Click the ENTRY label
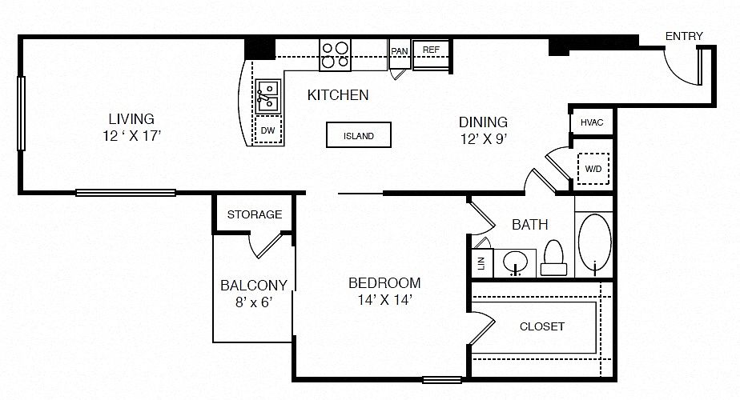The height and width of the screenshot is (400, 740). click(684, 36)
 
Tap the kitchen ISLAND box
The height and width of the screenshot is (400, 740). click(359, 135)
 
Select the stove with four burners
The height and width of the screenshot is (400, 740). click(335, 55)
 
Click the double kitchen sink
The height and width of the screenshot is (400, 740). click(268, 96)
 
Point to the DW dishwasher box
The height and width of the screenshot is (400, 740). click(268, 130)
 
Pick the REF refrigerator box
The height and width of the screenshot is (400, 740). click(431, 54)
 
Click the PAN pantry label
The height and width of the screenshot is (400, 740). click(400, 51)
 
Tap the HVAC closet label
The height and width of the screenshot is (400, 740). click(592, 122)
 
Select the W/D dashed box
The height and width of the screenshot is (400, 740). click(593, 168)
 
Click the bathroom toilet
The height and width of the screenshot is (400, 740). click(553, 258)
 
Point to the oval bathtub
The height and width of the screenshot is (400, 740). click(594, 242)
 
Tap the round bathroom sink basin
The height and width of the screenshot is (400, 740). click(516, 262)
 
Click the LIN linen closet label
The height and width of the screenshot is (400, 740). click(481, 263)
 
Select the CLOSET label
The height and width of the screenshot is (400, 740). click(541, 326)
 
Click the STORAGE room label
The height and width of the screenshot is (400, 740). click(255, 214)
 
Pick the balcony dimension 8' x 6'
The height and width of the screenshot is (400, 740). click(254, 302)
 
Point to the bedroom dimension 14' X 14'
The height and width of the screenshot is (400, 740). click(385, 300)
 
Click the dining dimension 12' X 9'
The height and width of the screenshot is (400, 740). click(483, 139)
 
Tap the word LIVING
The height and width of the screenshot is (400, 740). click(131, 118)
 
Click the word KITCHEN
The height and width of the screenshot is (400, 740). click(338, 95)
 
